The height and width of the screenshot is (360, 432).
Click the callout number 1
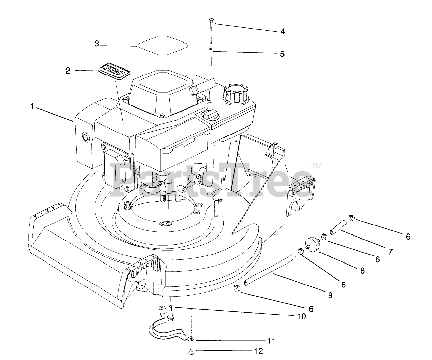(x=32, y=107)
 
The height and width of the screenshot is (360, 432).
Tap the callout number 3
(x=97, y=44)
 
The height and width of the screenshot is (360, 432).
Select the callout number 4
(x=283, y=31)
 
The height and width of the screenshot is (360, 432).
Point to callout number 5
(x=282, y=54)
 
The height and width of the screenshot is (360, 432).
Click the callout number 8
(x=362, y=270)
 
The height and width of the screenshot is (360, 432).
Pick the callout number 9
(x=330, y=295)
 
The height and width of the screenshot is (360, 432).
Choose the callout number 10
(x=302, y=316)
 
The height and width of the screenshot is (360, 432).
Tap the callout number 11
(x=271, y=341)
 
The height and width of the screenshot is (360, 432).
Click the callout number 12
(x=258, y=351)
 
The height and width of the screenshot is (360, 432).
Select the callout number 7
(x=390, y=251)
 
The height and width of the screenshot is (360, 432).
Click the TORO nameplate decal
(x=114, y=71)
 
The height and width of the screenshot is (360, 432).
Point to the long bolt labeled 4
(x=211, y=30)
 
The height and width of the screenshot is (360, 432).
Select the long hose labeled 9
(x=270, y=270)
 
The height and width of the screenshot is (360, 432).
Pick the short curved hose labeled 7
(x=337, y=226)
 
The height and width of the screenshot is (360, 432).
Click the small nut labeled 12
(x=191, y=352)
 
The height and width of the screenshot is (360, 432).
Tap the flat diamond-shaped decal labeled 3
(x=162, y=44)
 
